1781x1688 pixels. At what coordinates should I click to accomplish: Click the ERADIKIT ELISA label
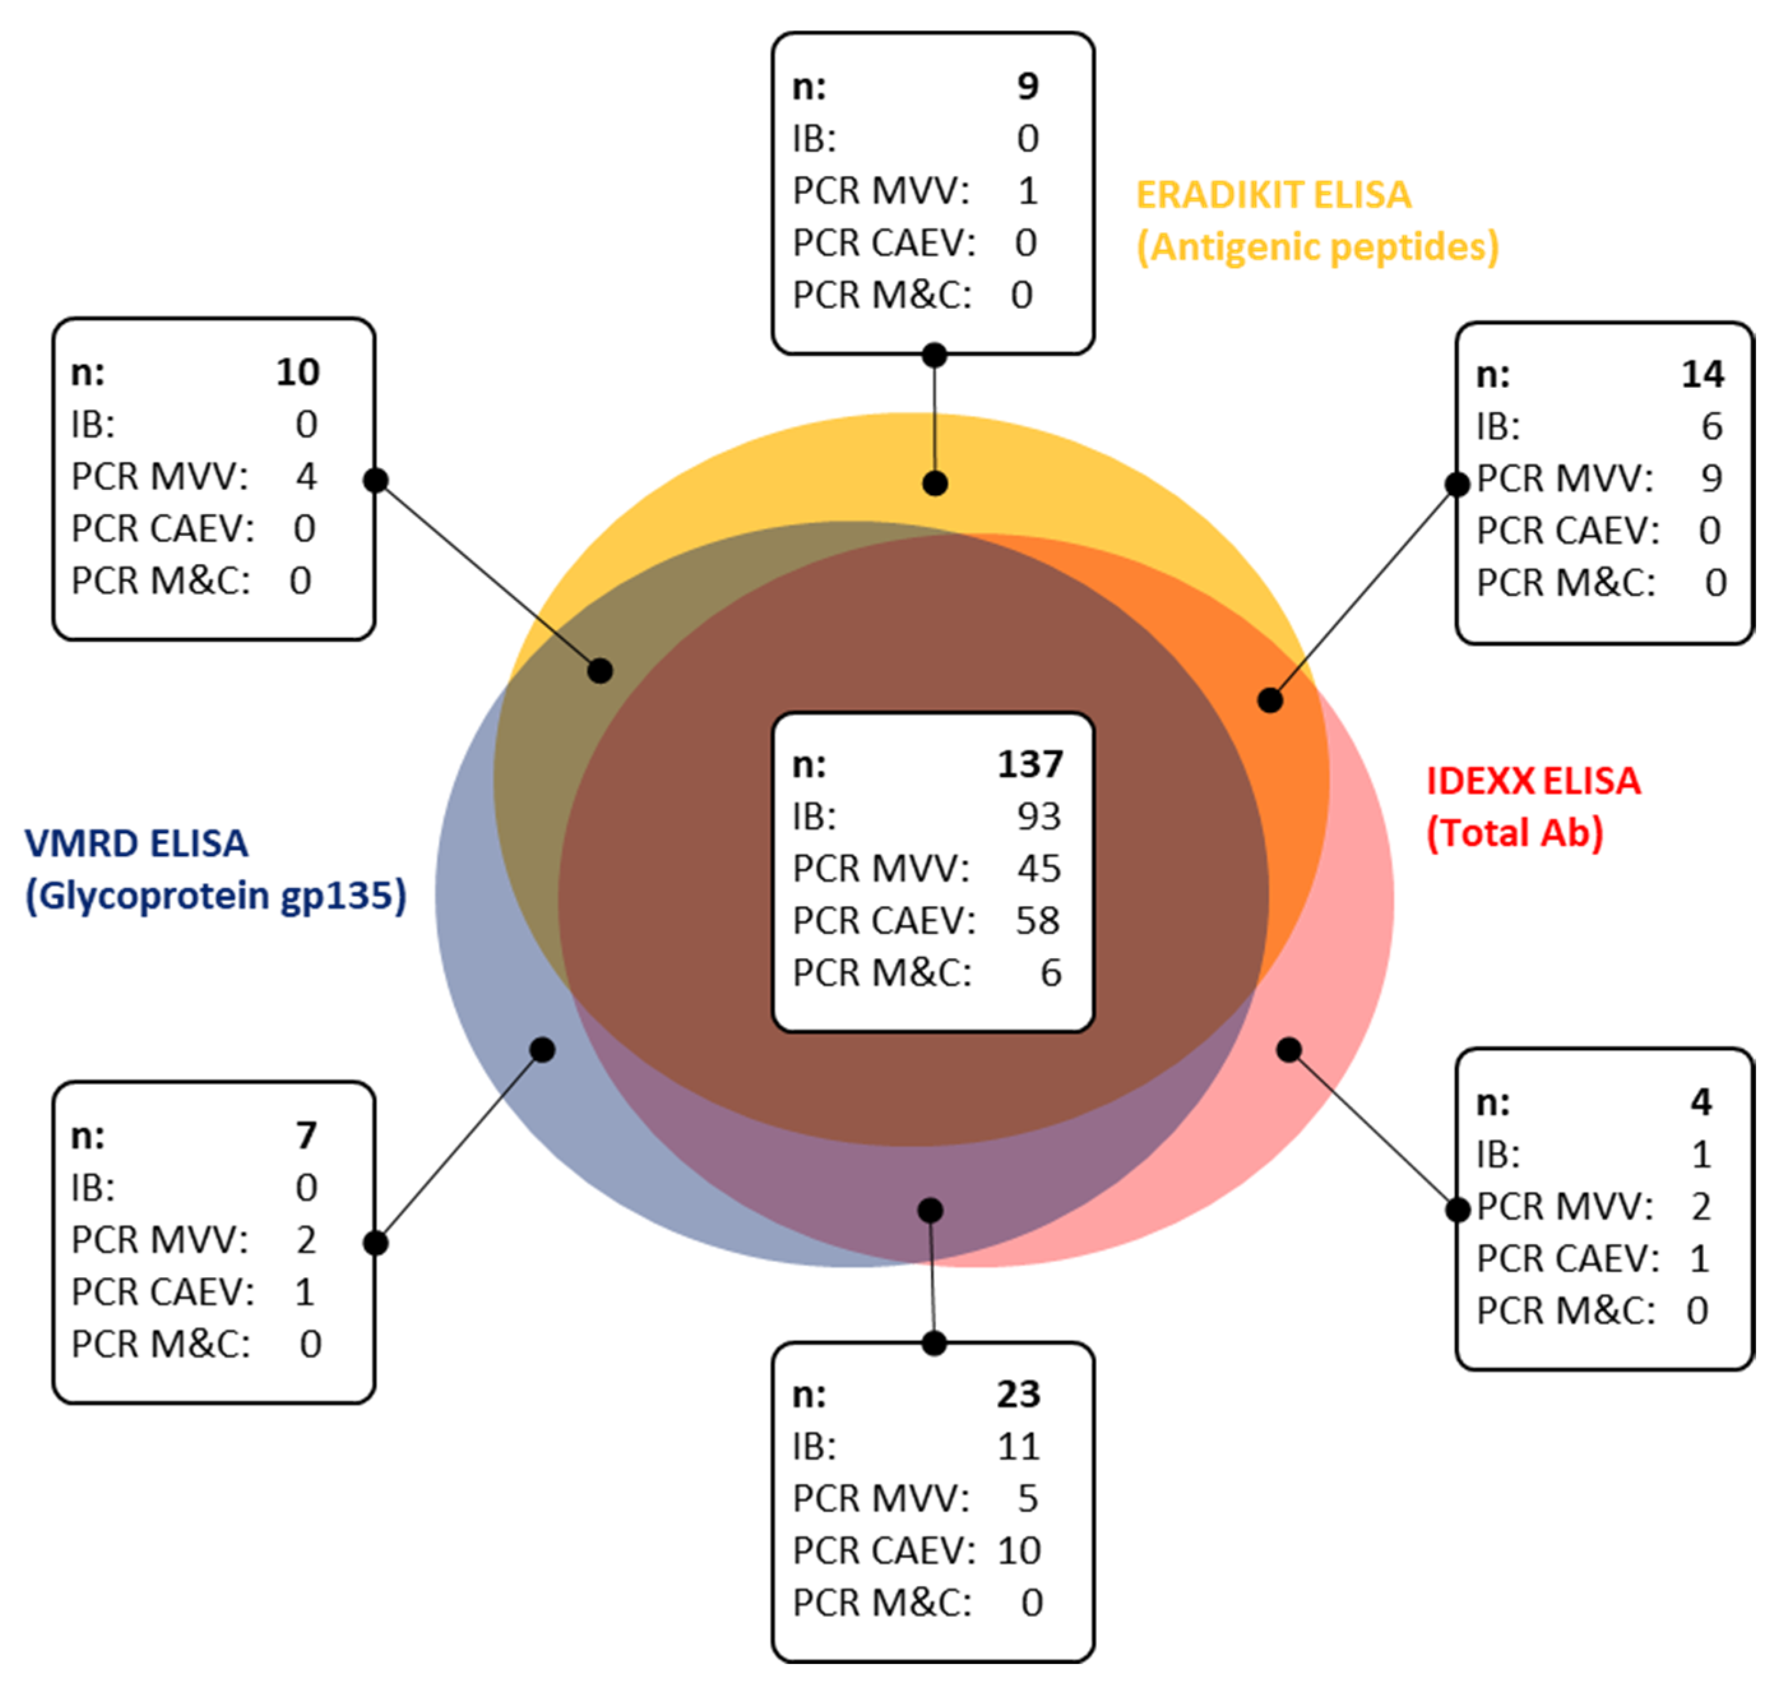1273,195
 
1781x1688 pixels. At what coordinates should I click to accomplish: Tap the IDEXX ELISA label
1533,781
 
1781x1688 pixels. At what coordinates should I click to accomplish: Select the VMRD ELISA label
136,844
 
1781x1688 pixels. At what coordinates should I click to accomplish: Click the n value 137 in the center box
1030,765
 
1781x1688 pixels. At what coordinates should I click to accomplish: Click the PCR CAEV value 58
1038,921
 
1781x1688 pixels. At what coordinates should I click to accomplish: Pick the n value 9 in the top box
1027,86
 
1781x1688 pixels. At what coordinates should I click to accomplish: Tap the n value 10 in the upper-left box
298,373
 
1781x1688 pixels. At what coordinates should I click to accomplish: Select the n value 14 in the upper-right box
1702,375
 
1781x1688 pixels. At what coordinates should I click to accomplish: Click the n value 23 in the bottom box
1018,1395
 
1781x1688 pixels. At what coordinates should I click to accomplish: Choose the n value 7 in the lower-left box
306,1136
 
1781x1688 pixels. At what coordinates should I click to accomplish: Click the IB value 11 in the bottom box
1018,1447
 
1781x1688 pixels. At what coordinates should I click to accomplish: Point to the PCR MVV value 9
1711,478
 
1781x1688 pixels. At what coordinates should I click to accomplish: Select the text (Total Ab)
1514,833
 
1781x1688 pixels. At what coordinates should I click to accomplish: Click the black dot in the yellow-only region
935,484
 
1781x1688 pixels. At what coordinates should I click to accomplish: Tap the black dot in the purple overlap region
930,1210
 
